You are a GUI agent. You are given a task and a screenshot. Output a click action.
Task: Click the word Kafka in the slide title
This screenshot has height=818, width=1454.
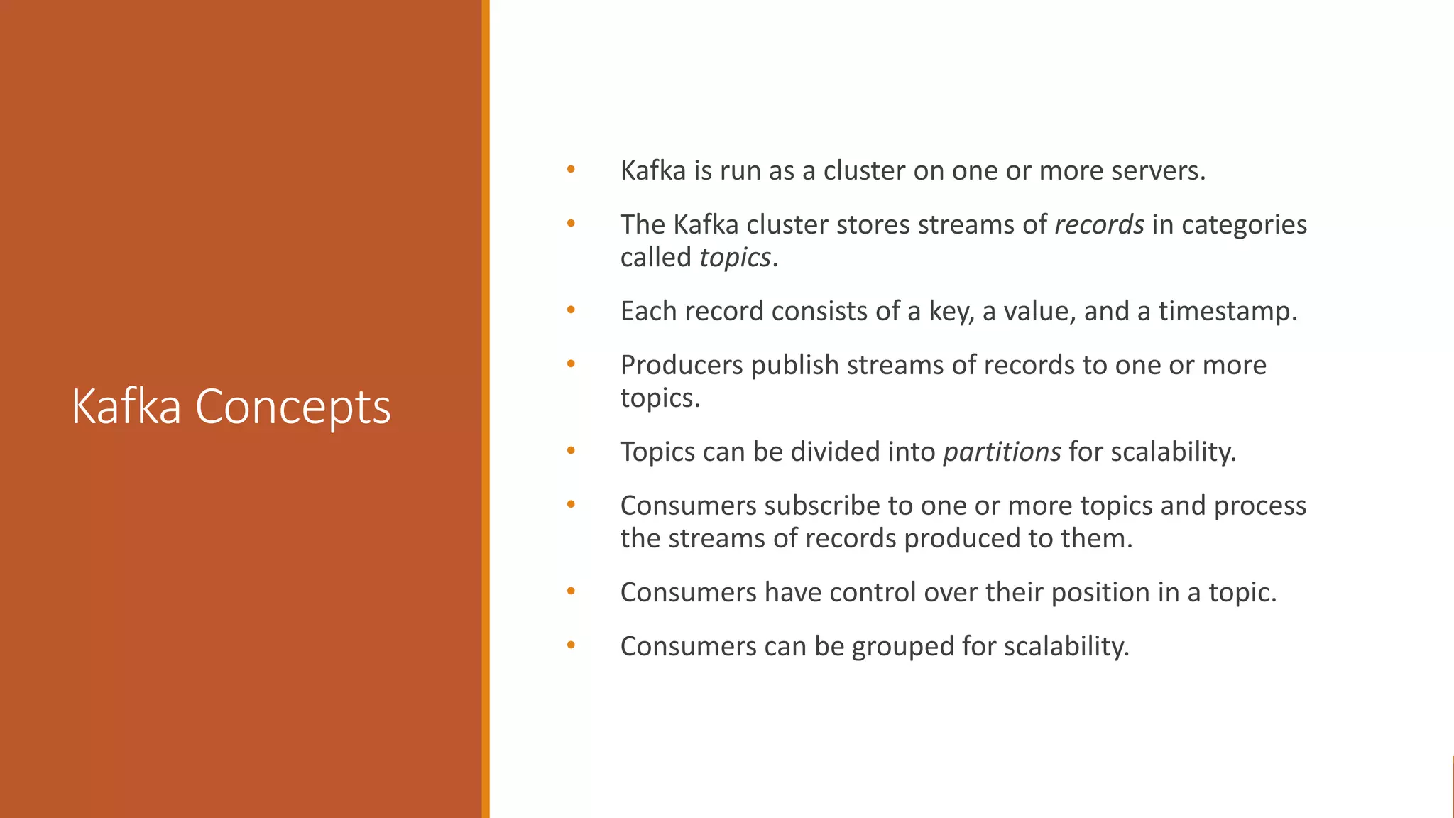point(126,407)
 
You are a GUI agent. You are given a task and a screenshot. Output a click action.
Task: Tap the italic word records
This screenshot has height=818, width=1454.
point(1099,224)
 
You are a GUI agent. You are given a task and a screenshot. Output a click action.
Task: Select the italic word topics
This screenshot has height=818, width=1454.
point(735,258)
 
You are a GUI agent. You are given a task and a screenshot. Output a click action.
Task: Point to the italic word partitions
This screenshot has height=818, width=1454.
point(1002,452)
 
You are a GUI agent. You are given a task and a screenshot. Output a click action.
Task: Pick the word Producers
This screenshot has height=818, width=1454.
point(682,365)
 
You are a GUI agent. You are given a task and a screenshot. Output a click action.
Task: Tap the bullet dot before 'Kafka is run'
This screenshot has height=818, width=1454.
point(571,170)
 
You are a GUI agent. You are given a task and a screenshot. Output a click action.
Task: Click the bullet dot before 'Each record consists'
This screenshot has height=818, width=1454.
point(571,310)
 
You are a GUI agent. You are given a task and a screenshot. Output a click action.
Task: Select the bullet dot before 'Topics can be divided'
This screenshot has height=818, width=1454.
point(571,451)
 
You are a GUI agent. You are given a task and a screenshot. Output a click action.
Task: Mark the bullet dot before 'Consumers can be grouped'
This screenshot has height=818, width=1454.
point(571,645)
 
